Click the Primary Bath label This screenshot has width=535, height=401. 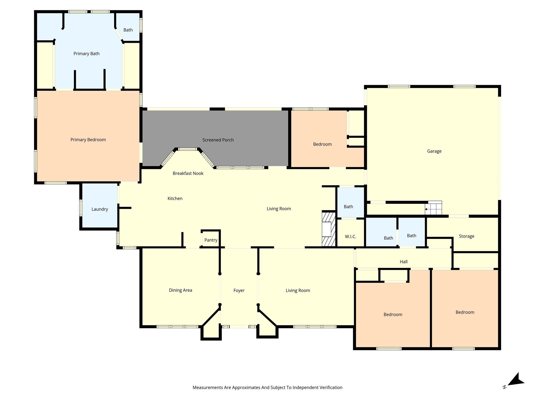86,54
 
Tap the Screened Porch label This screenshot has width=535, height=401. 218,140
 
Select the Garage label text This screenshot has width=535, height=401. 434,151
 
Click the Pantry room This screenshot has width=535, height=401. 211,240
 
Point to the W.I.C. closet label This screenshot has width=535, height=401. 350,237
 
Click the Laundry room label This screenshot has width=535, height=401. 100,209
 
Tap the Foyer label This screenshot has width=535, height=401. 239,290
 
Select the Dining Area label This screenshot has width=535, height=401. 181,290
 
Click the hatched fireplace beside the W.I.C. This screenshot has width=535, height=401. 328,229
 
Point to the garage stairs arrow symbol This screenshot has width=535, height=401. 426,209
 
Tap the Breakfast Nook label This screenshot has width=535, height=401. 188,173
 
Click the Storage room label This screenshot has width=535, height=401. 466,236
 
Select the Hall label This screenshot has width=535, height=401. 403,262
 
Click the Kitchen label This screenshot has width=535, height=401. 175,198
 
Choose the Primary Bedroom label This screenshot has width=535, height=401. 88,140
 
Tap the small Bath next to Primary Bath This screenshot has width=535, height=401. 128,30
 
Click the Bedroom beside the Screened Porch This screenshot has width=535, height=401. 322,144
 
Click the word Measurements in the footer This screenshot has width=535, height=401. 207,387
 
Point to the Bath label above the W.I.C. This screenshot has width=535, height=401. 348,207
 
